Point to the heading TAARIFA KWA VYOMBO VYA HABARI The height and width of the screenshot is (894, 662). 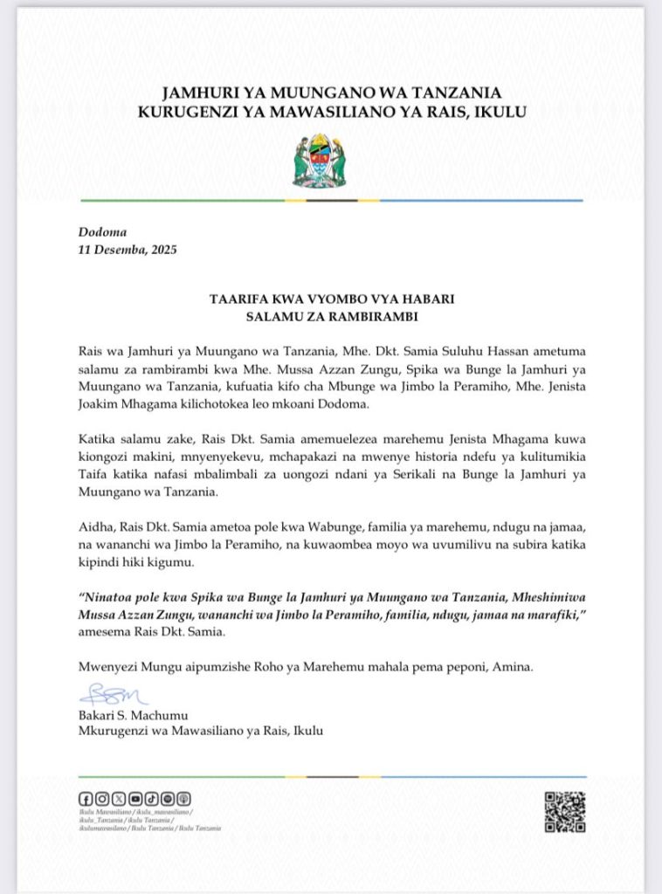click(x=331, y=299)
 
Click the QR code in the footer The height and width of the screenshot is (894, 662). click(x=564, y=811)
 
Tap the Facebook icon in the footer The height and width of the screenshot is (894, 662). click(x=86, y=798)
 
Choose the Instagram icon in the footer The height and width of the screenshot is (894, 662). click(x=102, y=798)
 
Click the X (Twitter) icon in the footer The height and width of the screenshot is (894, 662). click(x=118, y=798)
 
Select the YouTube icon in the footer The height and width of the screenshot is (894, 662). click(x=134, y=798)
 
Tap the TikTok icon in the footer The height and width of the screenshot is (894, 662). click(x=150, y=798)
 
